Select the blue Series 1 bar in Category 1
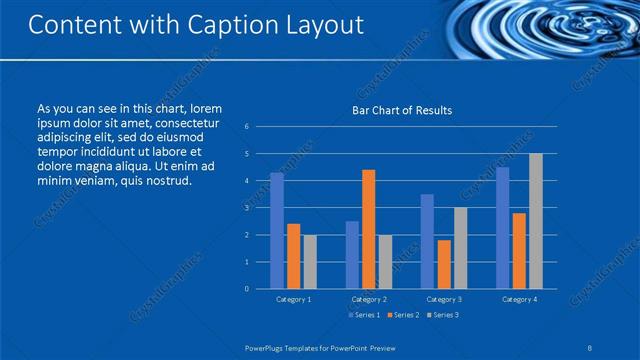coord(277,231)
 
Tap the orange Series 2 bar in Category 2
coord(368,229)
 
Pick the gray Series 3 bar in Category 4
coord(536,221)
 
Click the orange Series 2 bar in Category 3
coord(443,264)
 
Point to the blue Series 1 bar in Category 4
coord(503,228)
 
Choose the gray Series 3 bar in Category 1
coord(310,262)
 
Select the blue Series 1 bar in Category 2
coord(352,255)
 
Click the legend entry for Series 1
coord(362,315)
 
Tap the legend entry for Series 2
coord(403,315)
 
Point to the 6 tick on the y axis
coord(247,127)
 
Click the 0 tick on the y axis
coord(247,289)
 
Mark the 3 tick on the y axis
coord(247,208)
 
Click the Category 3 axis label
coord(443,299)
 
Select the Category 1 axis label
coord(293,299)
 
